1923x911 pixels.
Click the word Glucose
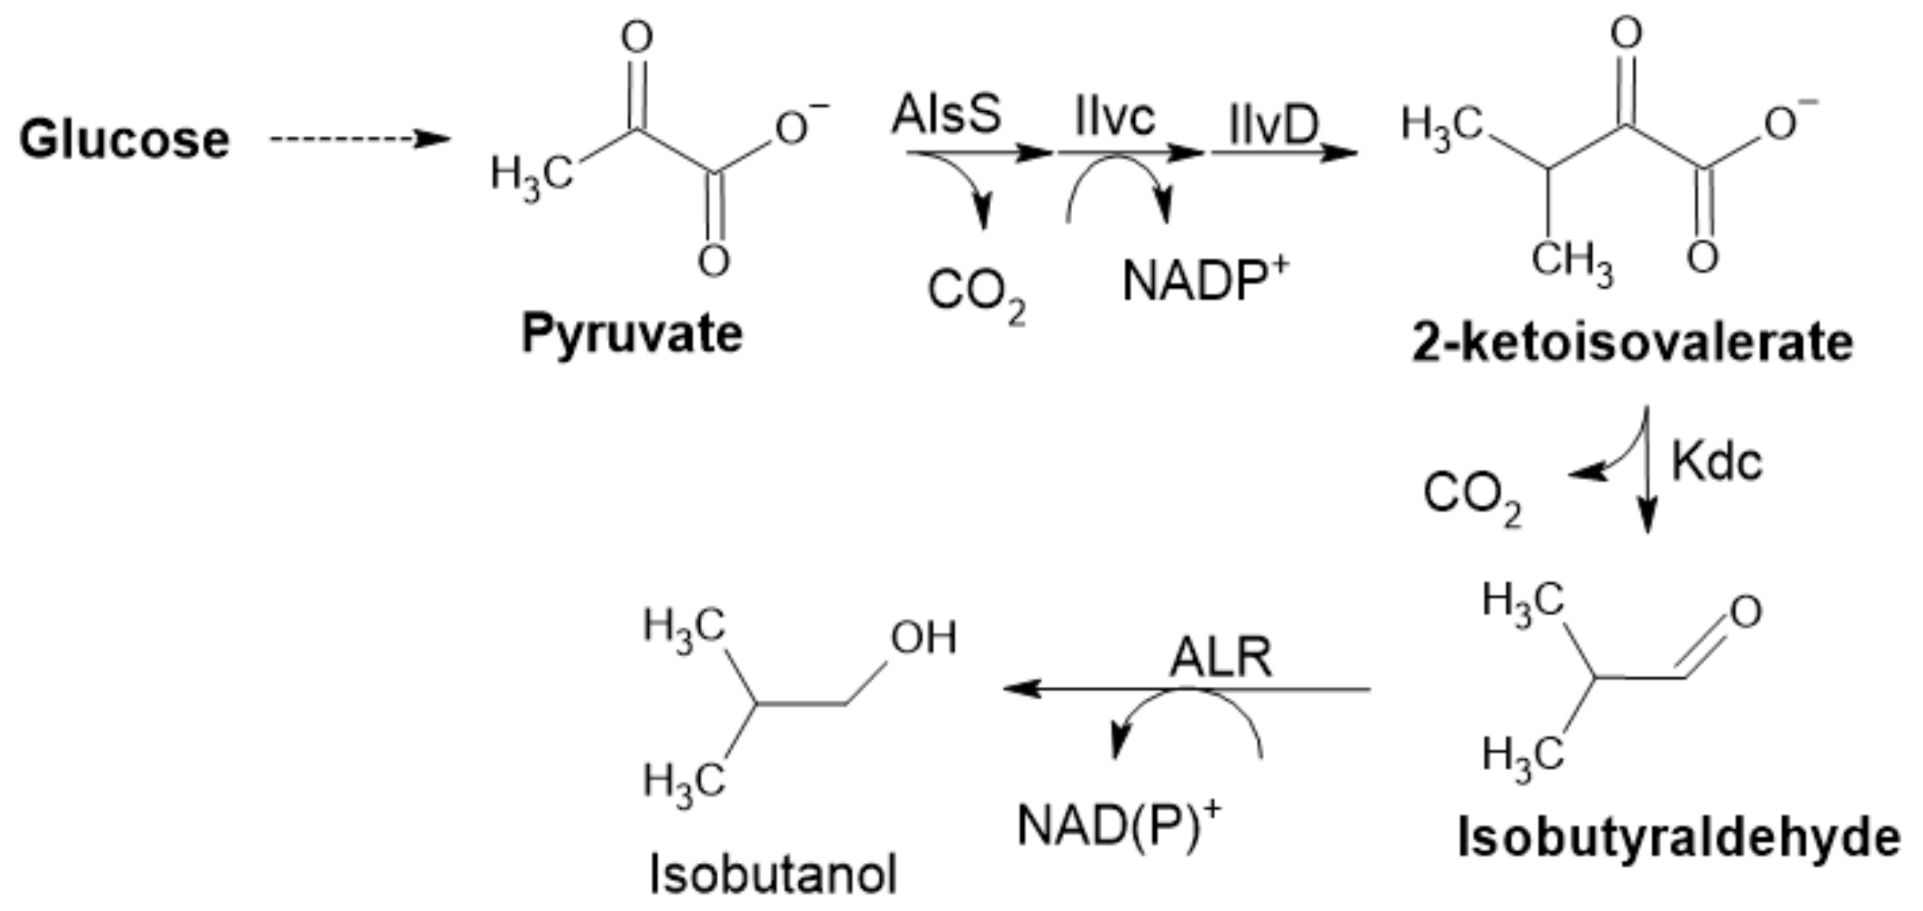[x=124, y=140]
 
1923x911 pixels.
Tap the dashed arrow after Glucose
[x=359, y=139]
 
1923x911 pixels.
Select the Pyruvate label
[x=632, y=334]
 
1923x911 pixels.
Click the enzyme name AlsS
[x=946, y=115]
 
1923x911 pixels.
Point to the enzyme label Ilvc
[x=1114, y=118]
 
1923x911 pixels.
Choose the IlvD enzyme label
[x=1274, y=125]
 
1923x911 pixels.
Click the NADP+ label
[x=1205, y=281]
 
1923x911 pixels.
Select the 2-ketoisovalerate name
[x=1633, y=343]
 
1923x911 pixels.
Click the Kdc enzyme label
[x=1716, y=462]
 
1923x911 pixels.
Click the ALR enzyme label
[x=1220, y=658]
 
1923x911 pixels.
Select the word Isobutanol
[x=772, y=875]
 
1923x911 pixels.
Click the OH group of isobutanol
[x=923, y=638]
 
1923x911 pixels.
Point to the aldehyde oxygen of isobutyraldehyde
[x=1745, y=612]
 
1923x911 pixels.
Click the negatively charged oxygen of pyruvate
[x=792, y=128]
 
